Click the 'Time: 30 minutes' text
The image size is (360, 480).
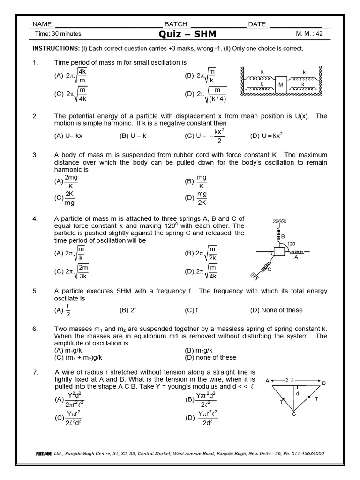(59, 34)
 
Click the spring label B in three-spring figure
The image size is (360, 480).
(283, 236)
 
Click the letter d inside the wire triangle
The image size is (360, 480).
(297, 394)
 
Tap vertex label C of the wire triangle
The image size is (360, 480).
(294, 414)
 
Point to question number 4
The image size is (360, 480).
(35, 219)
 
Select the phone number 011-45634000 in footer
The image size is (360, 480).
(303, 454)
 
